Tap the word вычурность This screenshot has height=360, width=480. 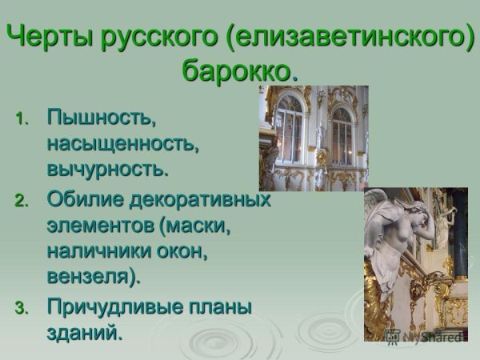tap(108, 170)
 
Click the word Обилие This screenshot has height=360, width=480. tap(81, 198)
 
